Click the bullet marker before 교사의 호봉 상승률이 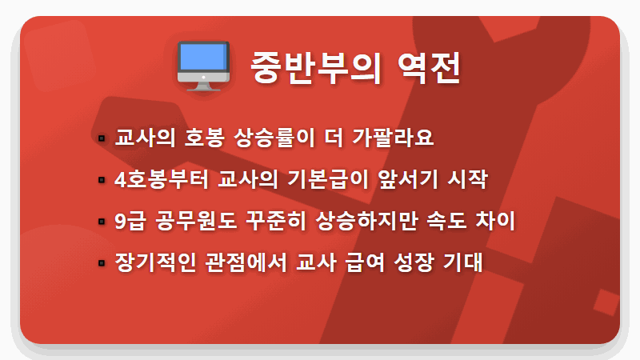point(102,138)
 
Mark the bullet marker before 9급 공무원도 point(102,222)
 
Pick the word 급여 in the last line point(367,262)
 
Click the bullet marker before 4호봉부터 point(102,180)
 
